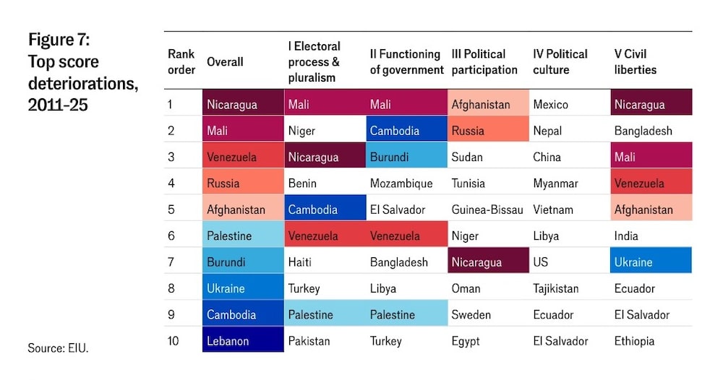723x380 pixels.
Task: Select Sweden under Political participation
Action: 471,314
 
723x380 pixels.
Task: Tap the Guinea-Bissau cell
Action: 487,210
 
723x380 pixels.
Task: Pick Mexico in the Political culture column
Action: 552,104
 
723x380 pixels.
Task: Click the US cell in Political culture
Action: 541,262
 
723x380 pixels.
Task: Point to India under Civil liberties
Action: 628,236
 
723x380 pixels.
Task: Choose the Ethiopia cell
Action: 634,340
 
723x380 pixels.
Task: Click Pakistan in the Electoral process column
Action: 309,340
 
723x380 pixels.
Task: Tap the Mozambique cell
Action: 401,183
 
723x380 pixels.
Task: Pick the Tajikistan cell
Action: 555,288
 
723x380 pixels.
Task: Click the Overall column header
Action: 225,62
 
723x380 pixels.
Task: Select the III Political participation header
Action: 484,62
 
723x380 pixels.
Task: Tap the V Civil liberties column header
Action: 636,62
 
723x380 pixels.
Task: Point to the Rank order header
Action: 181,62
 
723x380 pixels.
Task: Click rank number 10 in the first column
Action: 174,340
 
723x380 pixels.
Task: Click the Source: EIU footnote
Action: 58,347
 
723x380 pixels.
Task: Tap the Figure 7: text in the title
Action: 59,40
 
